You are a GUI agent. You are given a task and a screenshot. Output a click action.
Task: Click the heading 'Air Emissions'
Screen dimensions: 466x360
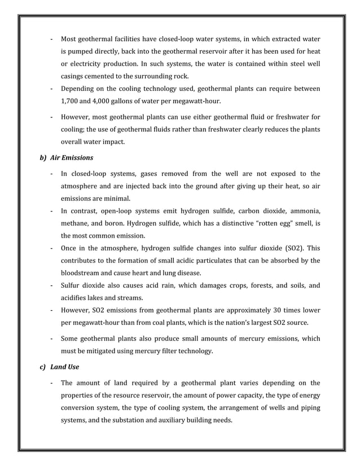(72, 157)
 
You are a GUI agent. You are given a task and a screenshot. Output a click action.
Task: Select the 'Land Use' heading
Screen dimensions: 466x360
(64, 367)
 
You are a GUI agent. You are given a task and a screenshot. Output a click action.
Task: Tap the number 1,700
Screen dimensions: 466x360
(71, 102)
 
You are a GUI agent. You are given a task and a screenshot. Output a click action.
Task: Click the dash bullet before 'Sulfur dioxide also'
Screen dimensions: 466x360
(52, 285)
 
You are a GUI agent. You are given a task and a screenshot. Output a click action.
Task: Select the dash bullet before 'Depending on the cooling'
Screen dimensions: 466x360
(52, 89)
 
